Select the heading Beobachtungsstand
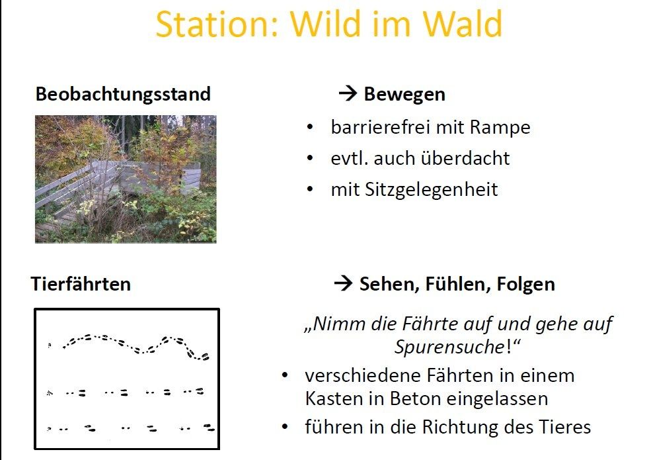[123, 94]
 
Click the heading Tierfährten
[81, 284]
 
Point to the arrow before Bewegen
[348, 94]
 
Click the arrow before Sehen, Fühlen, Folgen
[343, 283]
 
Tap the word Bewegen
[404, 95]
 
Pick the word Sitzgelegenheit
[432, 190]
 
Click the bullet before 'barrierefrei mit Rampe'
[310, 127]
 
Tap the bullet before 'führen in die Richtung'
[284, 427]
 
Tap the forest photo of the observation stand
[126, 179]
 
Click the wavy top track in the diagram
[136, 346]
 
